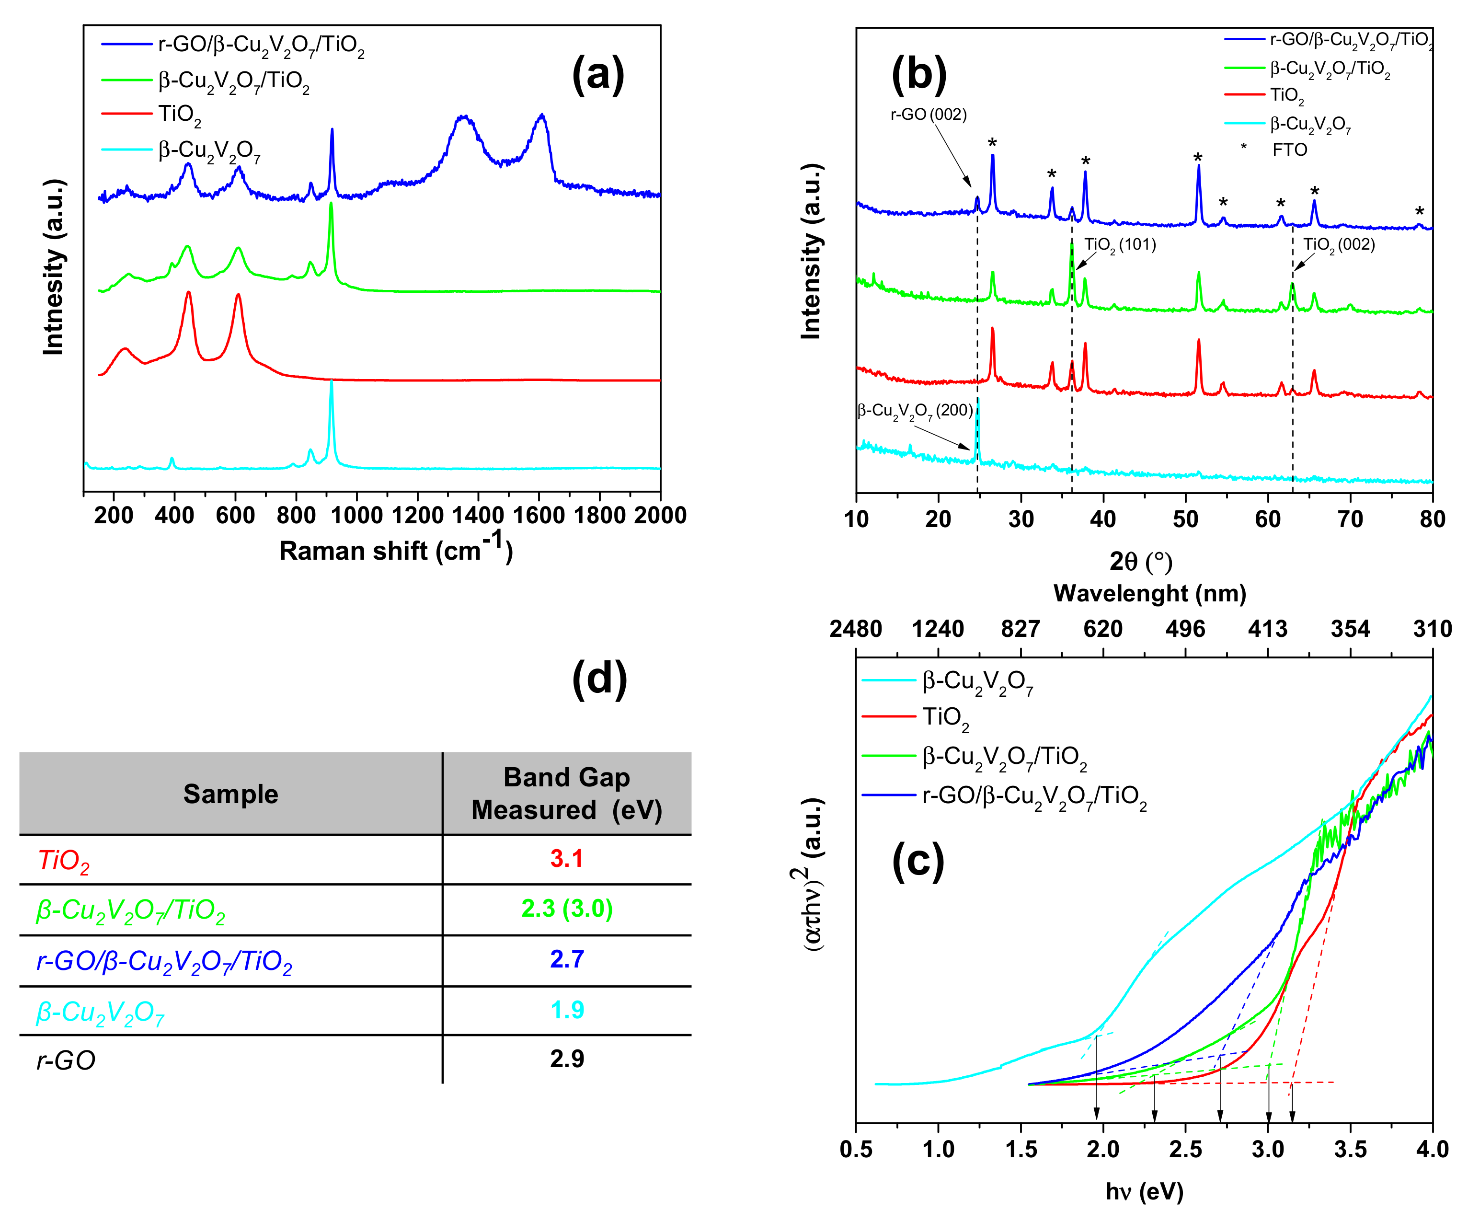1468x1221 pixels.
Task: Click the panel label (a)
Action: pos(597,74)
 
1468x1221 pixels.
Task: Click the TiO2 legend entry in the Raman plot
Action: pos(179,115)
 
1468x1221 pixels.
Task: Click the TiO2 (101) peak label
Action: pos(1120,245)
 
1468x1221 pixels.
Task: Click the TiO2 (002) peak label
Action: pos(1339,245)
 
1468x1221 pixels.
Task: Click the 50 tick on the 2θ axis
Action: pos(1186,519)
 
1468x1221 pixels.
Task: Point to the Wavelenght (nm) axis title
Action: pos(1150,593)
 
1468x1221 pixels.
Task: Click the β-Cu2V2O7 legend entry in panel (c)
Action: pos(977,681)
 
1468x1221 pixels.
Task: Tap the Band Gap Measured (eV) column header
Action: pos(566,793)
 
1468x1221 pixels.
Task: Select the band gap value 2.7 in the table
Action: pos(566,959)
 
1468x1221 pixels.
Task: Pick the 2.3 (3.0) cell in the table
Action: pos(566,909)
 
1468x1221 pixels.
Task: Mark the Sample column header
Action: pos(230,794)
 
